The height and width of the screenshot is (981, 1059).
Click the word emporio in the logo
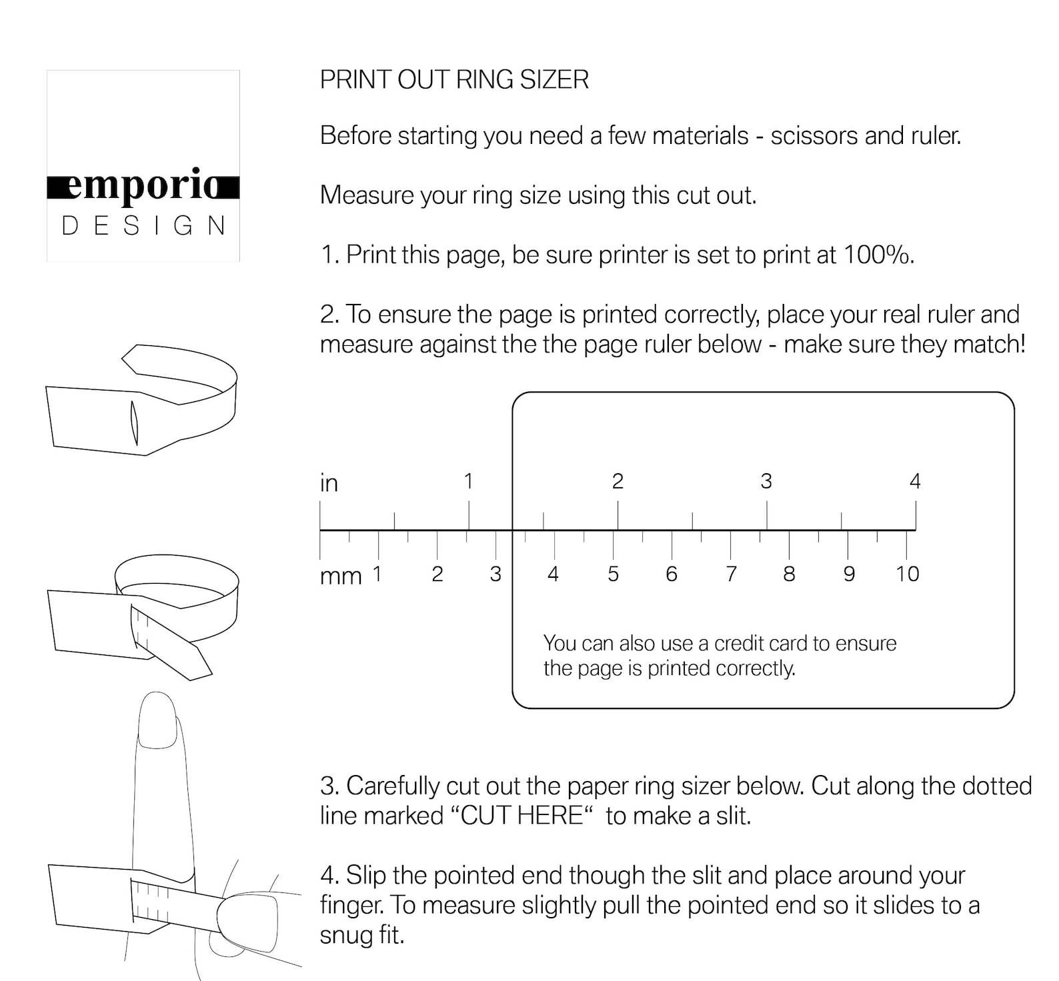(143, 187)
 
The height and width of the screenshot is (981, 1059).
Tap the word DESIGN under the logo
(143, 226)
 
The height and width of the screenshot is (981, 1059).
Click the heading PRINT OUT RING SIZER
(454, 80)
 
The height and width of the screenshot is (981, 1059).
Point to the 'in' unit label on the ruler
(329, 483)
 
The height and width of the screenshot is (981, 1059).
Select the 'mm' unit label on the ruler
(340, 576)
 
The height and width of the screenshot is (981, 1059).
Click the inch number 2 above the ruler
(618, 481)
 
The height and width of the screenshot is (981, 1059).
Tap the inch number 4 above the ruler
(915, 481)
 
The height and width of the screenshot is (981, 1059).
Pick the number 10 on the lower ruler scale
(907, 574)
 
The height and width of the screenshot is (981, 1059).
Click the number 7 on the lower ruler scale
(731, 574)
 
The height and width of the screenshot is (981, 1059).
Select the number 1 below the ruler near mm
(377, 573)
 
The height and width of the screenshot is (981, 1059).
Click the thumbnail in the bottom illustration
(247, 922)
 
